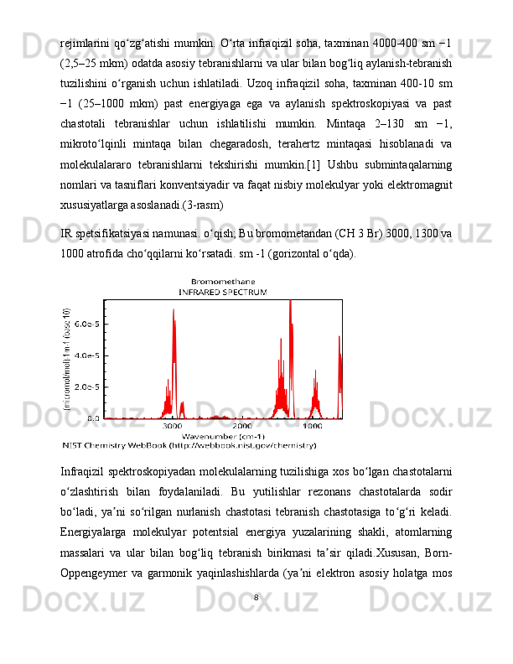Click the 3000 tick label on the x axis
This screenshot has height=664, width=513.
point(172,426)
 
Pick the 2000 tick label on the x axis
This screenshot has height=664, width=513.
point(242,426)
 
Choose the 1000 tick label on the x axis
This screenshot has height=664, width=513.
point(312,426)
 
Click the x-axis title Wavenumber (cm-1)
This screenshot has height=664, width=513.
point(224,436)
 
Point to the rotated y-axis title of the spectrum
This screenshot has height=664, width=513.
point(66,359)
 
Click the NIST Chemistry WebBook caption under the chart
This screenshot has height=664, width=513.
point(189,446)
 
